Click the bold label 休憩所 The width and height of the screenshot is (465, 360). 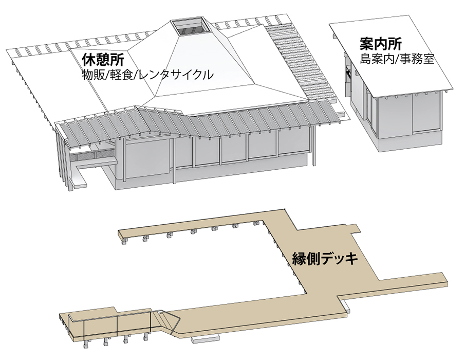103,59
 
